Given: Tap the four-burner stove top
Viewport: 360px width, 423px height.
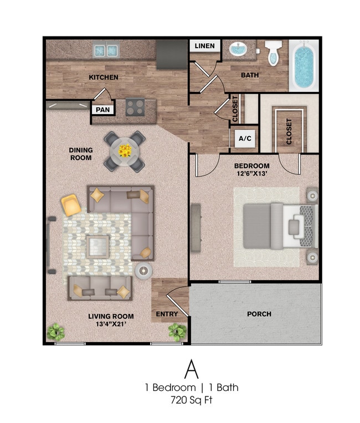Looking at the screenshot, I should coord(135,107).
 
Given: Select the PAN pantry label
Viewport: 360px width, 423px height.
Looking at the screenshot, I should coord(102,109).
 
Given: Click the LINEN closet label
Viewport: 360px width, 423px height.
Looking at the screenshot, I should coord(204,47).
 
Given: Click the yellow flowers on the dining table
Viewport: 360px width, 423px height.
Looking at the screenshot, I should coord(125,150).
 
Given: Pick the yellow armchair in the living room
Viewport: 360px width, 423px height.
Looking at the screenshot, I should coord(71,205).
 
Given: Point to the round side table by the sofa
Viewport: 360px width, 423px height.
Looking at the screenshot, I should coord(145,270).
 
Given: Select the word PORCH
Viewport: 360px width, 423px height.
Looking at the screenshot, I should coord(259,314).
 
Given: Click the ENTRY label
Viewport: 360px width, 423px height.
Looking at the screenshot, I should coord(167,314).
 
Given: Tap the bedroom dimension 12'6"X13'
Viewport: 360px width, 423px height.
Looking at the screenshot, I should coord(251,174).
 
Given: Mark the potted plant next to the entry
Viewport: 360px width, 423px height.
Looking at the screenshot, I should coord(178,332).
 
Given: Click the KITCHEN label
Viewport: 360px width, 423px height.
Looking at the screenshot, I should coord(104,78).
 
